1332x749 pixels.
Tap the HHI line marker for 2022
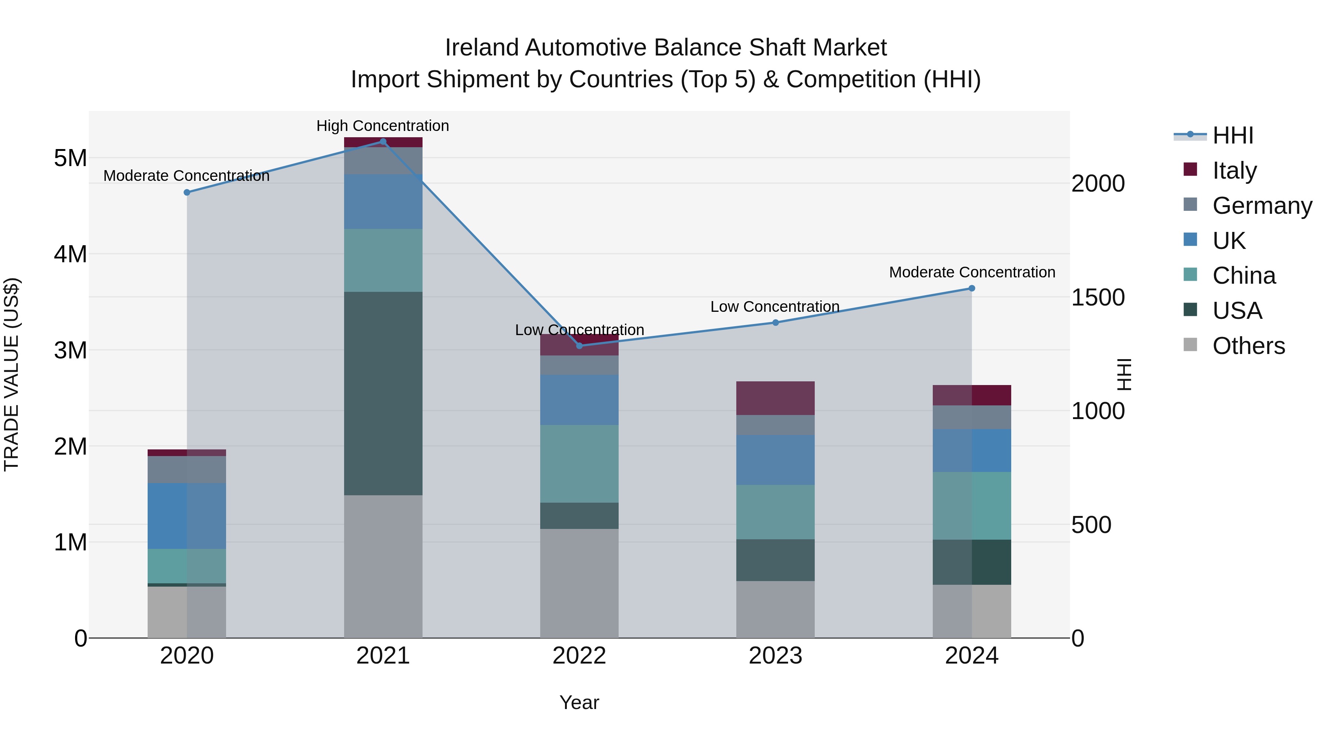click(579, 346)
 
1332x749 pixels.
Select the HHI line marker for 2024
click(972, 289)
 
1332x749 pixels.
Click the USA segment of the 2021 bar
click(383, 394)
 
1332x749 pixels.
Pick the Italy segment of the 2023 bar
click(775, 398)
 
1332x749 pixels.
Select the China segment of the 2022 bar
click(579, 464)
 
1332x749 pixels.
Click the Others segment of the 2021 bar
click(383, 567)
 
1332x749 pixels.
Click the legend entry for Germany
click(1262, 206)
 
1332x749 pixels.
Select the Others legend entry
click(1248, 346)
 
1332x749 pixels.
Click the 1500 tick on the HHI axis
click(1098, 297)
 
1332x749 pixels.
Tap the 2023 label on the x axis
click(775, 656)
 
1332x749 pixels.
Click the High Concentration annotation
click(383, 126)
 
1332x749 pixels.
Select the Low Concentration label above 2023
click(774, 307)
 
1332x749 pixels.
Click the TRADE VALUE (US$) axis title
click(11, 374)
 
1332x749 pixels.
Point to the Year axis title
click(579, 702)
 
